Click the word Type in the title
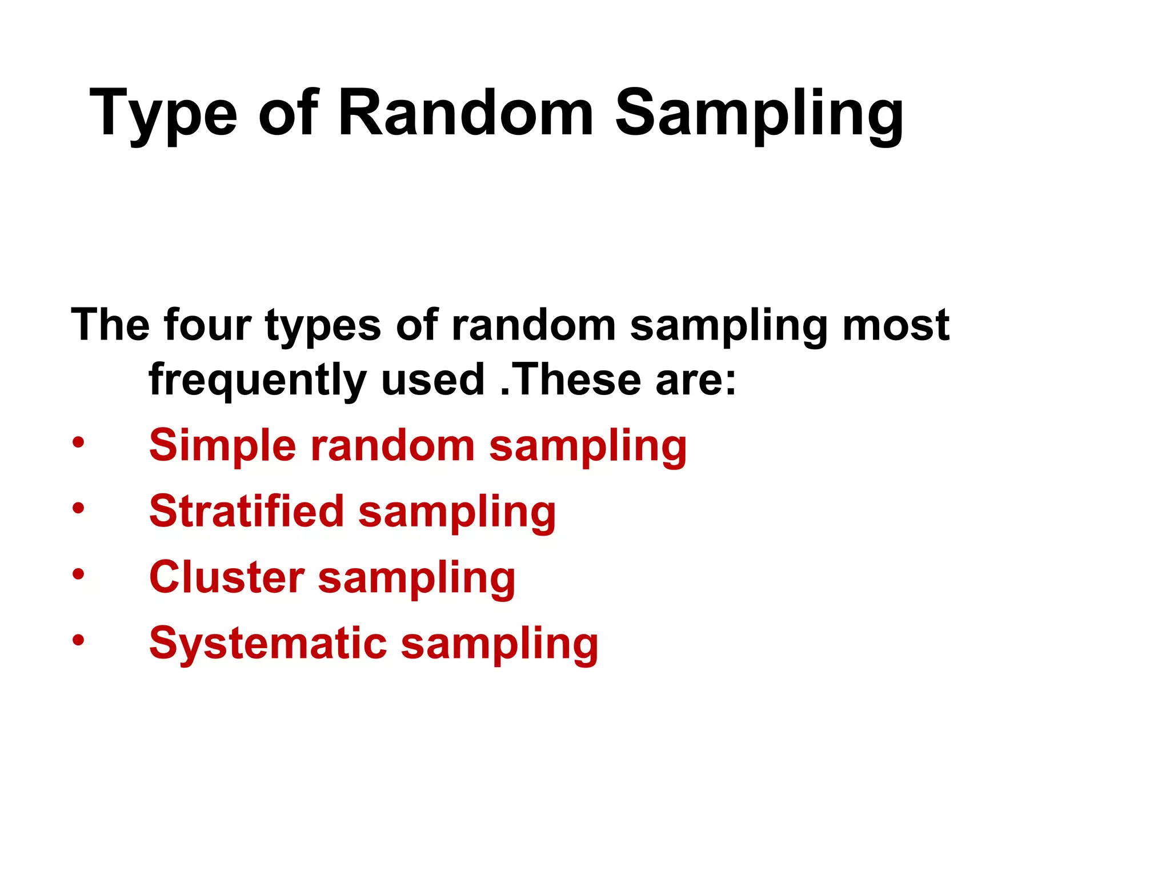click(x=163, y=114)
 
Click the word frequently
click(x=257, y=381)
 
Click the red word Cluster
click(x=227, y=577)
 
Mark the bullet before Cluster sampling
click(x=78, y=574)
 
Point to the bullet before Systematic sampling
click(x=78, y=640)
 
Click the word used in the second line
click(x=432, y=380)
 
